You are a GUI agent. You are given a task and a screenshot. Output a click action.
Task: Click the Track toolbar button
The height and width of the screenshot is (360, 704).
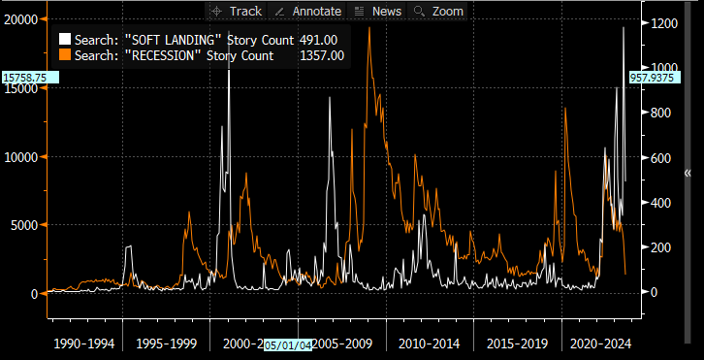point(236,11)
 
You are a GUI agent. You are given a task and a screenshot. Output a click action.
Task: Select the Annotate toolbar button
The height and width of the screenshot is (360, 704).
point(308,11)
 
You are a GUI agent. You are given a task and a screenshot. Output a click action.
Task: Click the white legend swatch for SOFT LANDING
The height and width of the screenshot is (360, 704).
point(65,39)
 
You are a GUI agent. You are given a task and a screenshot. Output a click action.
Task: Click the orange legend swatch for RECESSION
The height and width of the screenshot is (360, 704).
point(65,55)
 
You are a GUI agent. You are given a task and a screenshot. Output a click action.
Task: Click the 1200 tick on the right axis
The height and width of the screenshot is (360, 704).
point(661,22)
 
